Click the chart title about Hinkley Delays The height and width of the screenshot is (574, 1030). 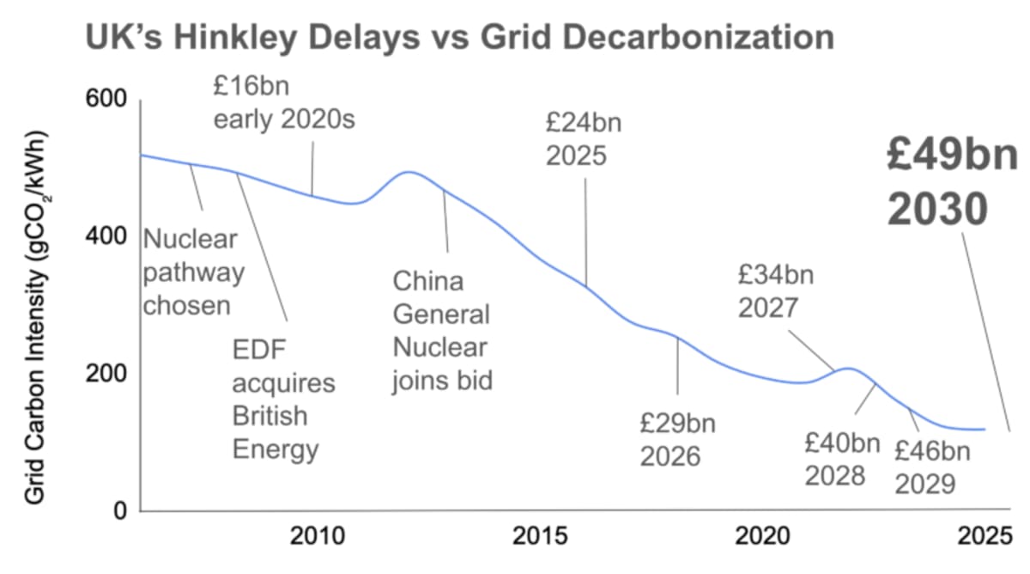coord(458,39)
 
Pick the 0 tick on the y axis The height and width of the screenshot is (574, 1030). coord(120,510)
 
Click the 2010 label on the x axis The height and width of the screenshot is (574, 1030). coord(318,536)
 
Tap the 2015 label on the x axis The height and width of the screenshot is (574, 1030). coord(540,536)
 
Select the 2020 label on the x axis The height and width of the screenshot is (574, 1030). coord(761,536)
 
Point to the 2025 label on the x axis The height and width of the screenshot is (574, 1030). coord(982,536)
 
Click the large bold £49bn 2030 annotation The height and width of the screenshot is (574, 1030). coord(952,183)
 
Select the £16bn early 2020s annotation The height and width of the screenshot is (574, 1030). coord(283,104)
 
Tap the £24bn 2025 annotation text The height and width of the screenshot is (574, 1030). coord(583,139)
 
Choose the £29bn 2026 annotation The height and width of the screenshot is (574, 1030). coord(677,439)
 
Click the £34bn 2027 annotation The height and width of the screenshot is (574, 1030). coord(775,291)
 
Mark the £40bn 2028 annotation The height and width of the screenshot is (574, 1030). coord(841,459)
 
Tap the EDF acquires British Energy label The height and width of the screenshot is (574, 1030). coord(283,400)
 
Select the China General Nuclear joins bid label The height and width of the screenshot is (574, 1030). coord(443,330)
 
